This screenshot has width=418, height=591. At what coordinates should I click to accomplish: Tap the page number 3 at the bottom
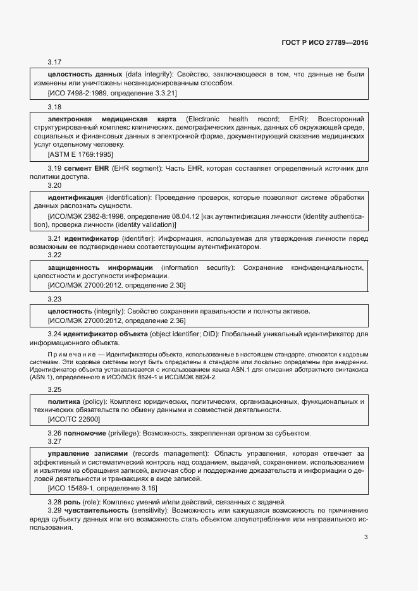point(366,537)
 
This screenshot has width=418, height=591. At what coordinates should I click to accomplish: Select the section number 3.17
point(54,63)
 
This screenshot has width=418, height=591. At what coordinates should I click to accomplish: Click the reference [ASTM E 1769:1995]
point(80,154)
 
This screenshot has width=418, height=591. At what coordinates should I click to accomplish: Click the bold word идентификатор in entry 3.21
point(91,238)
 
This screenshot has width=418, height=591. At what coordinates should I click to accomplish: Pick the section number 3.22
point(54,255)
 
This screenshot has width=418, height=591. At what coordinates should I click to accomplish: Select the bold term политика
point(64,401)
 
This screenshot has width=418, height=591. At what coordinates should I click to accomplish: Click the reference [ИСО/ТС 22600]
point(73,419)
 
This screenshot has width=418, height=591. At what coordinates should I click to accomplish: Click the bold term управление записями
point(88,453)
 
